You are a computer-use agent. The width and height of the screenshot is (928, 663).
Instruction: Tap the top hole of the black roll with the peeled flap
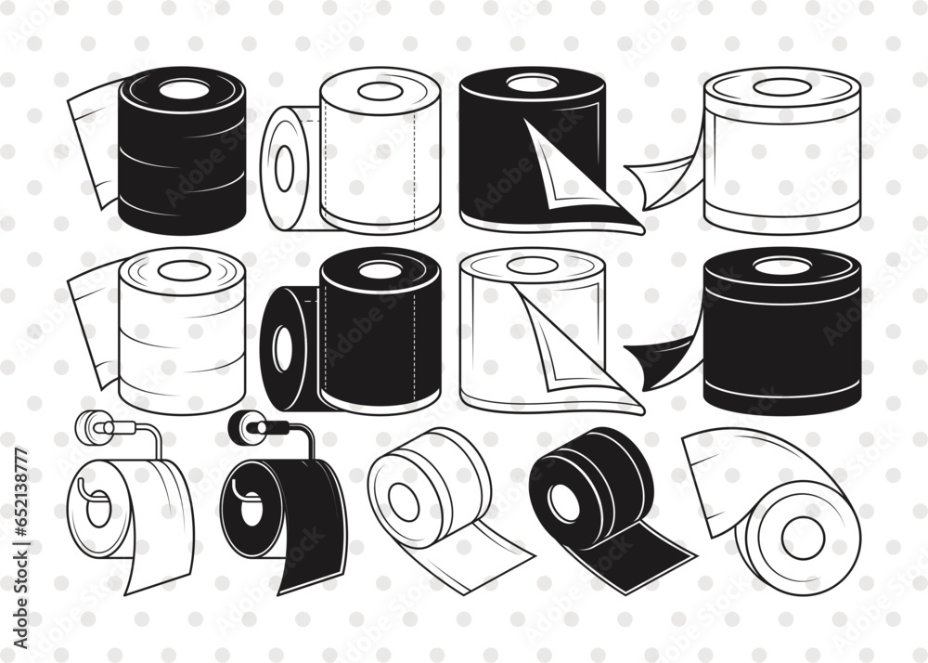click(532, 84)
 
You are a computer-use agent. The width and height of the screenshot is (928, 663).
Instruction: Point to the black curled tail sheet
click(661, 357)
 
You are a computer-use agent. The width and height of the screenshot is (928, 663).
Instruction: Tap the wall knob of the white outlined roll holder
click(90, 426)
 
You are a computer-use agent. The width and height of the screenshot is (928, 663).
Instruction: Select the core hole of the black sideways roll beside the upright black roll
click(283, 348)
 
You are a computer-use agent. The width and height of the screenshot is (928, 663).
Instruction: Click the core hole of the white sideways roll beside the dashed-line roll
click(284, 168)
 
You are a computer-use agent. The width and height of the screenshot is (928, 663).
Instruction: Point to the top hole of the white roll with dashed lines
click(380, 91)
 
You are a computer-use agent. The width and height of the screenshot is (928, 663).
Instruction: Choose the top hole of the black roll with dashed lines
click(380, 270)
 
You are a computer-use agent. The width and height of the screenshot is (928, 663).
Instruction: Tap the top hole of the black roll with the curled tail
click(782, 266)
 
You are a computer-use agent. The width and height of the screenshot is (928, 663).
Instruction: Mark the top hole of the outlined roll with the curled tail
click(782, 87)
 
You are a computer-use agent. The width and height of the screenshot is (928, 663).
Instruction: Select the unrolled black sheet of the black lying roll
click(640, 552)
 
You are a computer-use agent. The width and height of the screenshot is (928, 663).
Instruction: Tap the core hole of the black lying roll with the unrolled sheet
click(564, 502)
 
